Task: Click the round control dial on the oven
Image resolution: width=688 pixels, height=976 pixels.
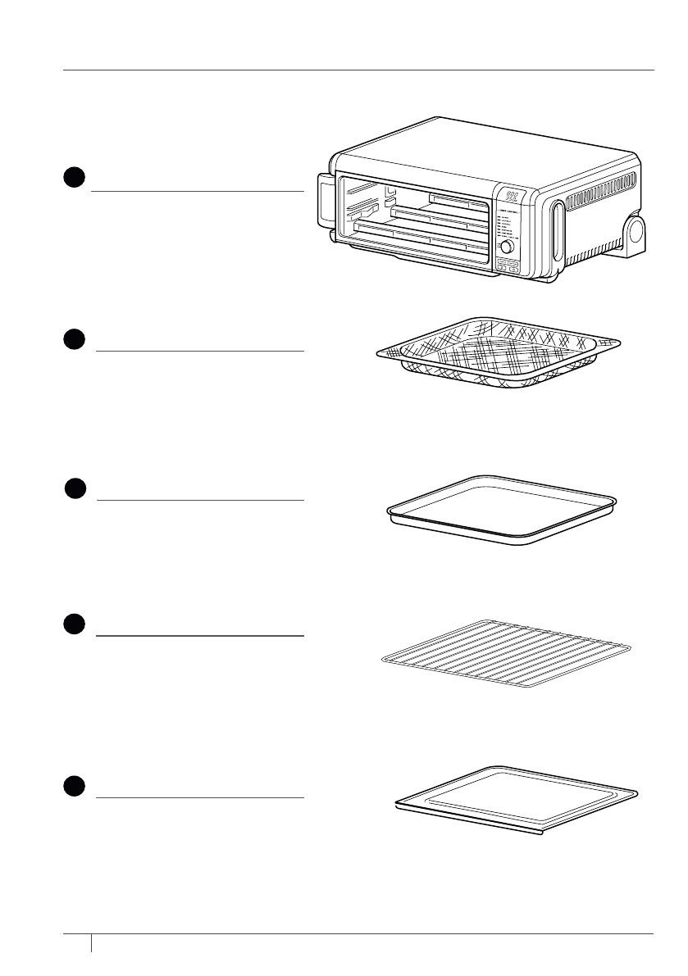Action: click(x=507, y=247)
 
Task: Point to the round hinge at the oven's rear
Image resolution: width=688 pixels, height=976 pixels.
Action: click(x=636, y=233)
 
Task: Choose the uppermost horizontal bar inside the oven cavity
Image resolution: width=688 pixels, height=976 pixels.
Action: click(x=456, y=197)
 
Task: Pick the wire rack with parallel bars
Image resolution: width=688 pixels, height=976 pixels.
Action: click(x=502, y=654)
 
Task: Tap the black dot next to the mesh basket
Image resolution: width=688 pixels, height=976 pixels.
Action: click(x=74, y=339)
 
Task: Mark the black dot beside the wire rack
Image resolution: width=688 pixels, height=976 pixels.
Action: click(x=74, y=624)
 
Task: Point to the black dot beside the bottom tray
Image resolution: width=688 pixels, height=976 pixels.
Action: click(x=74, y=785)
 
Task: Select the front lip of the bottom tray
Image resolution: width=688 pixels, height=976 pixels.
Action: click(x=467, y=824)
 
